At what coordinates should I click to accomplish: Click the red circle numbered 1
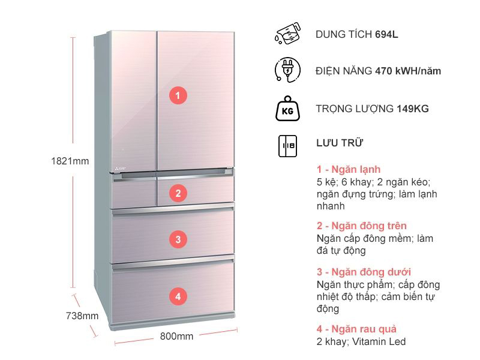pos(178,95)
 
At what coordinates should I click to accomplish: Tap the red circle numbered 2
pos(178,193)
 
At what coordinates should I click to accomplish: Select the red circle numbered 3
pos(178,239)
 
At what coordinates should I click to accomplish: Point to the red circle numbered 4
pos(178,296)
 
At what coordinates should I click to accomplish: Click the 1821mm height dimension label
pos(70,161)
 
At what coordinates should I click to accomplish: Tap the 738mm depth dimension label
pos(82,316)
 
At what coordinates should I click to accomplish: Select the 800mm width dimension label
pos(176,336)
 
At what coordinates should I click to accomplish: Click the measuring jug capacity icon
pos(287,34)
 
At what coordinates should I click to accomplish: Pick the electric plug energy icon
pos(287,70)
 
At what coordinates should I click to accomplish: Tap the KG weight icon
pos(287,109)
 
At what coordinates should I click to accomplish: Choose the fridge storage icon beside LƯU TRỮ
pos(287,146)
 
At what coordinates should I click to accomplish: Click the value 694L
pos(386,34)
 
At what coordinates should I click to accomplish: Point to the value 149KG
pos(413,109)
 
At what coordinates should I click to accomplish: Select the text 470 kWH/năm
pos(408,71)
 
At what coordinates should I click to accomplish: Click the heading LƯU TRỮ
pos(340,143)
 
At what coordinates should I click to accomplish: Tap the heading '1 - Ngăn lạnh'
pos(349,169)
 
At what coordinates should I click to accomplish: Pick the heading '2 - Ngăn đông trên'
pos(362,226)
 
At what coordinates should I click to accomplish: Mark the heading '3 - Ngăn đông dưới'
pos(364,272)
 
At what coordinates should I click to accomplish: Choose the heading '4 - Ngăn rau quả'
pos(356,329)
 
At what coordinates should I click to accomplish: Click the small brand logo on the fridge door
pos(121,169)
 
